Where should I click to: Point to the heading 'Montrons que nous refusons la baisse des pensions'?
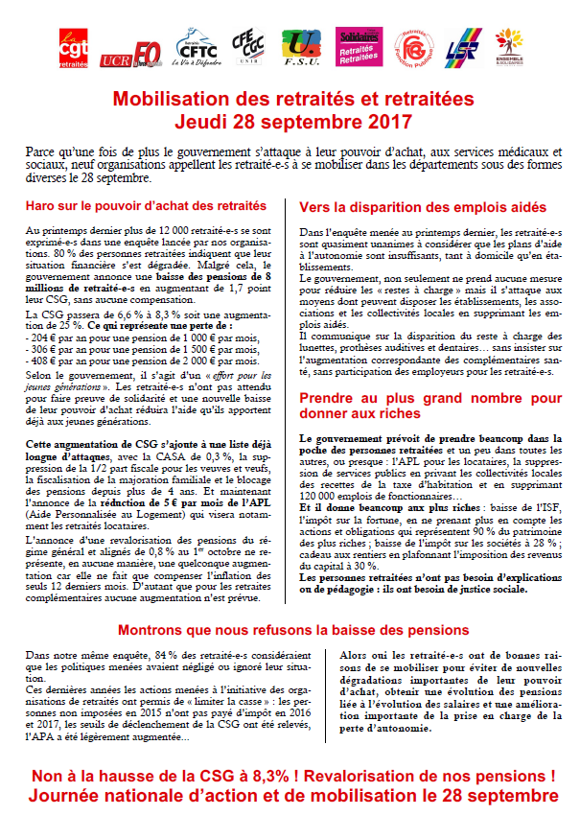292,630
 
